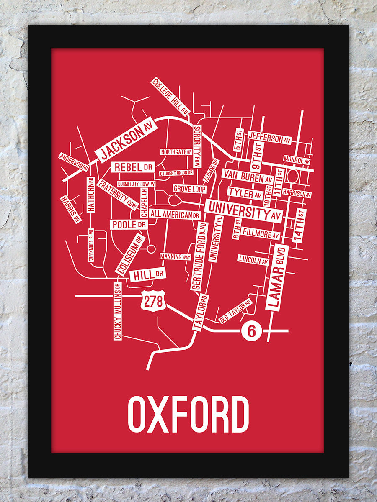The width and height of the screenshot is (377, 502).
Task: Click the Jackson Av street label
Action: tap(126, 140)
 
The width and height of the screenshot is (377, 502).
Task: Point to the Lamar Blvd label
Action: tap(277, 277)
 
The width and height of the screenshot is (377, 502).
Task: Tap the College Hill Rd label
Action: tap(170, 96)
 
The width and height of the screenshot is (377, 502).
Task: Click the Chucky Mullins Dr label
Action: tap(117, 311)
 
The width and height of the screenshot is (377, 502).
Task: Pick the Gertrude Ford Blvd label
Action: tap(200, 256)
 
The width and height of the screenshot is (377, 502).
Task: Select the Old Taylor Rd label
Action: tap(235, 311)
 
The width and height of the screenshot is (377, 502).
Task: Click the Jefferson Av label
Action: tap(270, 138)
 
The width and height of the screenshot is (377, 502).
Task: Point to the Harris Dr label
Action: tap(70, 209)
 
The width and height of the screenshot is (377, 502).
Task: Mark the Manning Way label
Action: tap(175, 256)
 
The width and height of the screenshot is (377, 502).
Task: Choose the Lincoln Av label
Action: tap(253, 259)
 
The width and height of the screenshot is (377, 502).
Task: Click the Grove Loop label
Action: tap(189, 189)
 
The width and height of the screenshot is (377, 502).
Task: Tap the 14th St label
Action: tap(300, 225)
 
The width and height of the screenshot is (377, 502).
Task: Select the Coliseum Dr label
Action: tap(130, 254)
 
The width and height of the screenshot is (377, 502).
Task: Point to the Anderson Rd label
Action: tap(74, 161)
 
